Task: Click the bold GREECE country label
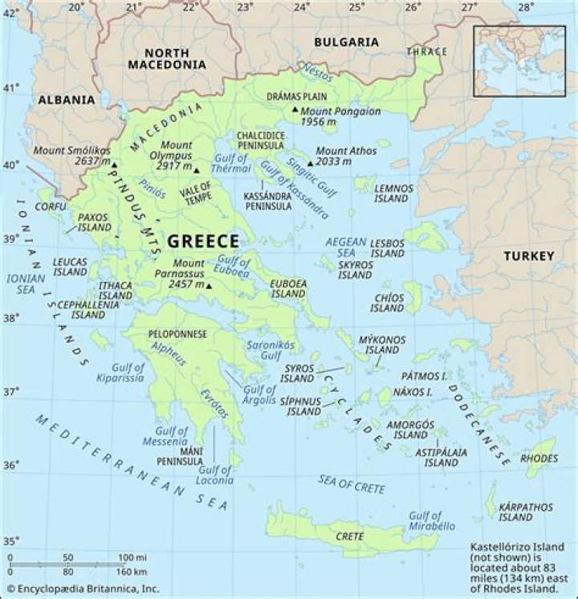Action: pos(202,241)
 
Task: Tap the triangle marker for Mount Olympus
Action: pos(196,170)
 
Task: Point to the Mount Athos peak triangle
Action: pos(310,162)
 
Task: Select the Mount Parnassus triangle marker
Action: pos(209,286)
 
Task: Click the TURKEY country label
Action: pos(528,256)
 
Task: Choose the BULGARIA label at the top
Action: pos(345,42)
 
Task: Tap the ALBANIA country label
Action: pos(65,100)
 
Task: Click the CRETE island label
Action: pos(350,536)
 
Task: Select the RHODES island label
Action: pos(539,458)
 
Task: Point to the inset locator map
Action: pos(519,61)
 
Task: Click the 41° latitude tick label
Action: pos(11,88)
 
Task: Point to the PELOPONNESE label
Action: pos(177,333)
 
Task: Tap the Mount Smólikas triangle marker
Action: pos(113,165)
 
